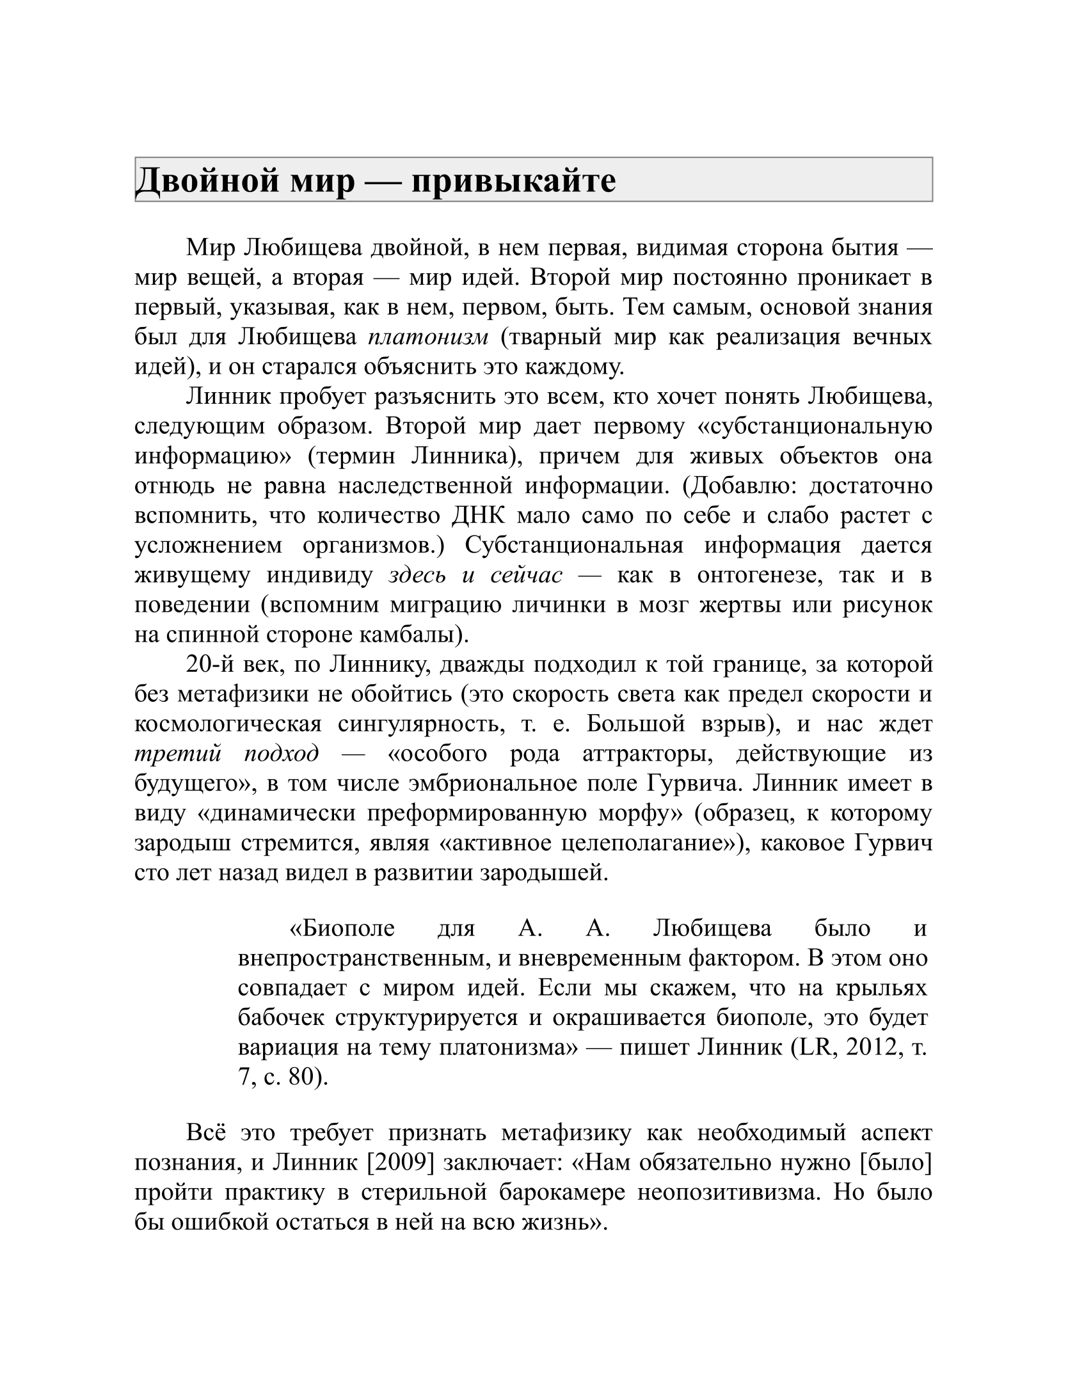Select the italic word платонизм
pos(428,337)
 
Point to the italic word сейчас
pos(527,575)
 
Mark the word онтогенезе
pos(761,575)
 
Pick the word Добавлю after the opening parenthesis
pos(742,486)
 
